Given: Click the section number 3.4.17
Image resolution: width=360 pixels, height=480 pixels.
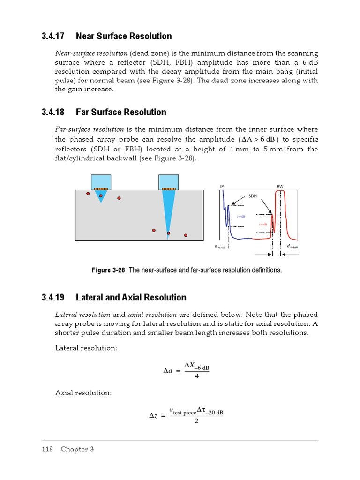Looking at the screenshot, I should click(x=52, y=37).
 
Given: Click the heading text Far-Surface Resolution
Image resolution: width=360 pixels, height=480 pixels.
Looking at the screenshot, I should click(x=121, y=112).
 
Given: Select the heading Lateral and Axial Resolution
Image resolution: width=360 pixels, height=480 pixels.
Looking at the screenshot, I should click(x=131, y=298).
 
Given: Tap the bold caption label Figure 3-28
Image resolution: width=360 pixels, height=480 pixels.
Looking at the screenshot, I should click(x=108, y=270).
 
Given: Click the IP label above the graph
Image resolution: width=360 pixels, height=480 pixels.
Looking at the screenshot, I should click(x=222, y=187).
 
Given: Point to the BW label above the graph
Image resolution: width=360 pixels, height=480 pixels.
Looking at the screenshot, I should click(x=280, y=187).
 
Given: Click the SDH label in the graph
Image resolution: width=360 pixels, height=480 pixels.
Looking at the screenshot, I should click(x=253, y=196).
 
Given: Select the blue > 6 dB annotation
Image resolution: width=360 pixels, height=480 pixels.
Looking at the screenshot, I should click(x=240, y=216).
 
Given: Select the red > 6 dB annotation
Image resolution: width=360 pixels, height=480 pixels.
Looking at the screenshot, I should click(x=262, y=225).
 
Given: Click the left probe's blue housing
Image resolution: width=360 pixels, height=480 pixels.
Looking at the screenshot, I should click(x=101, y=181).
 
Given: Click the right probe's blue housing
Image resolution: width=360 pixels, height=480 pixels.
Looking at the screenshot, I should click(x=168, y=181).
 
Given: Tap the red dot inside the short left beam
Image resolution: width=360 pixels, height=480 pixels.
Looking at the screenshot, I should click(x=101, y=195).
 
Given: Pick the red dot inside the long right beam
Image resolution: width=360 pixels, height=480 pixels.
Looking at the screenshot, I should click(x=169, y=233).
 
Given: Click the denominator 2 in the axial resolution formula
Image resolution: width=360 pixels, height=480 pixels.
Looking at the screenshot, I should click(x=196, y=421).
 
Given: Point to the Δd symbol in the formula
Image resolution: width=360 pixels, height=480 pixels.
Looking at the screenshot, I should click(x=168, y=371).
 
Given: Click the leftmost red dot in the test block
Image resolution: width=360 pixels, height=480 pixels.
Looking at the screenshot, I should click(x=88, y=193).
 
